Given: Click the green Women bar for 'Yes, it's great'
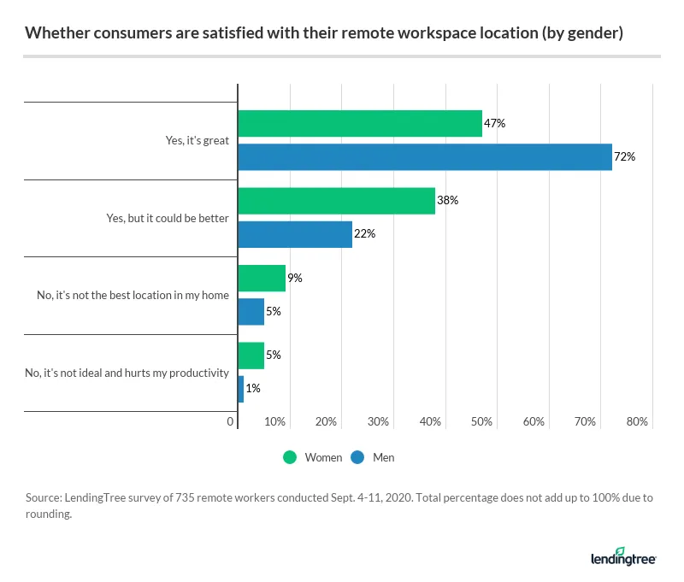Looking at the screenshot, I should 359,124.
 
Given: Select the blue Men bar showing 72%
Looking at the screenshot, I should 424,157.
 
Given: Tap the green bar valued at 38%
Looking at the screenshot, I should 336,201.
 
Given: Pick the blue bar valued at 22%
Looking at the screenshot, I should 294,234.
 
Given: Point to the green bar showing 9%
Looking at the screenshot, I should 261,279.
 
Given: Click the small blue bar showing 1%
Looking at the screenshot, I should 240,389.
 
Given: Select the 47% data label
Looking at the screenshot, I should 495,124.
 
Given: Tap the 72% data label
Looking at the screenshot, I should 625,157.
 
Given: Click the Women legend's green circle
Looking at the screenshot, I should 290,457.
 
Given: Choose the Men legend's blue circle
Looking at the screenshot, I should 357,457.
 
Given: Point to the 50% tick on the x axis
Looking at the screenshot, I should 482,422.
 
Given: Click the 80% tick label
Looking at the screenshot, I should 638,422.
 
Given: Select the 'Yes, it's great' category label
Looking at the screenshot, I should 198,141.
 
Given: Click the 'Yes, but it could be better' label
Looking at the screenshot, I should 168,218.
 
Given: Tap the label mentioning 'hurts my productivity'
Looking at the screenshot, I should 128,373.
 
